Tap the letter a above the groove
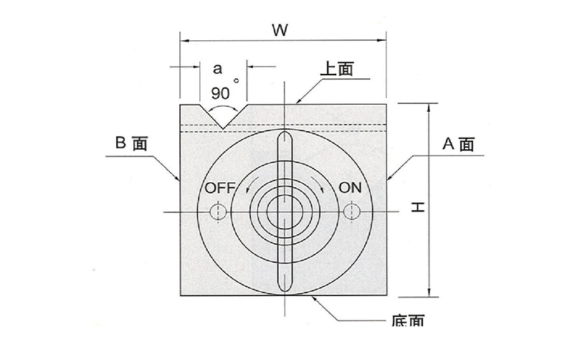218,70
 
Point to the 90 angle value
220,93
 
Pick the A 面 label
457,143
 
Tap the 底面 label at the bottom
409,322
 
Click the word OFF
220,189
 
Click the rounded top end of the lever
285,136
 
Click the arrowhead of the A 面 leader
389,178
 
